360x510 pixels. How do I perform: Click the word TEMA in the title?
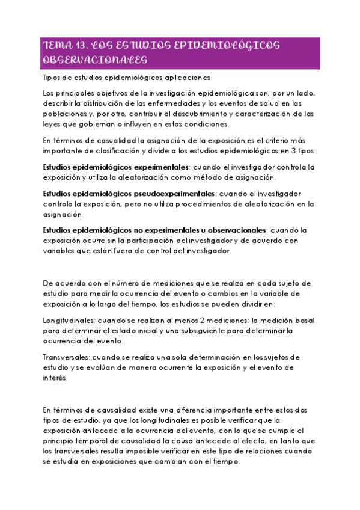click(x=57, y=46)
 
